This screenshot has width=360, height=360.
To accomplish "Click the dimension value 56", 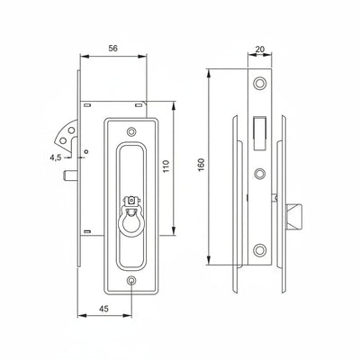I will pos(112,49).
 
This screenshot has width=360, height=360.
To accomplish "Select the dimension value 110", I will pos(178,168).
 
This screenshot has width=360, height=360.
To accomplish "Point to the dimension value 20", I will pos(260,50).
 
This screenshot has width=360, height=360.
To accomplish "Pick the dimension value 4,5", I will pos(56,157).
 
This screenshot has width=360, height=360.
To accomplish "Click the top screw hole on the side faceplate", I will pos(260,84).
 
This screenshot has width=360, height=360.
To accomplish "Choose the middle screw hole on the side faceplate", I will pos(260,171).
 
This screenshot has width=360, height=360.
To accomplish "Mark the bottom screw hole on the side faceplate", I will pos(260,249).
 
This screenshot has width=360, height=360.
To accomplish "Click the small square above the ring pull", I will pos(131,199).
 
